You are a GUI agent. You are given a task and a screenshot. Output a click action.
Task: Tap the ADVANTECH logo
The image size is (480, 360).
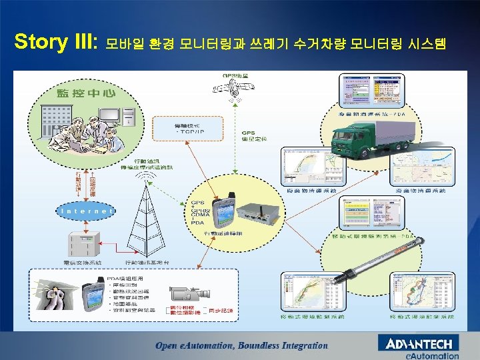coord(418,344)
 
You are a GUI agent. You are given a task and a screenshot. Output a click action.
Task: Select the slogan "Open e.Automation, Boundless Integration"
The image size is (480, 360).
coord(242,345)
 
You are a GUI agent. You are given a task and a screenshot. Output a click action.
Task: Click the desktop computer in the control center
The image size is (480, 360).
coord(127,115)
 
